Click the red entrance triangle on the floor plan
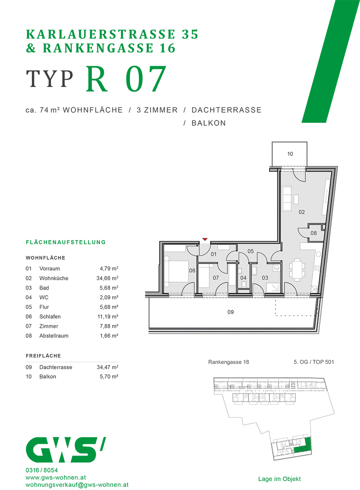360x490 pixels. [x=205, y=239]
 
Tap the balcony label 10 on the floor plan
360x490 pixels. [x=290, y=154]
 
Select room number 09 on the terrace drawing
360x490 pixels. [x=231, y=312]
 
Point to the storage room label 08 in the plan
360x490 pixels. [x=313, y=233]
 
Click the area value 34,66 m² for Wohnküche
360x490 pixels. [x=104, y=278]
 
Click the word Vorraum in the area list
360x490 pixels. [x=49, y=269]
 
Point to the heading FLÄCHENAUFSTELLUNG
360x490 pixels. [x=66, y=242]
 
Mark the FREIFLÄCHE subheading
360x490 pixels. [x=43, y=356]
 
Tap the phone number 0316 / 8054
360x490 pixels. [x=42, y=470]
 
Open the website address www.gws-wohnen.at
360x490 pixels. [x=55, y=477]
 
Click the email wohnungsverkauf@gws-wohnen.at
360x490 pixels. [x=77, y=485]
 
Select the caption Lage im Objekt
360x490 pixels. [x=279, y=479]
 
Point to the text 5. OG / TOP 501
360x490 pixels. [x=313, y=362]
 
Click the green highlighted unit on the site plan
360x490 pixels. [x=302, y=446]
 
